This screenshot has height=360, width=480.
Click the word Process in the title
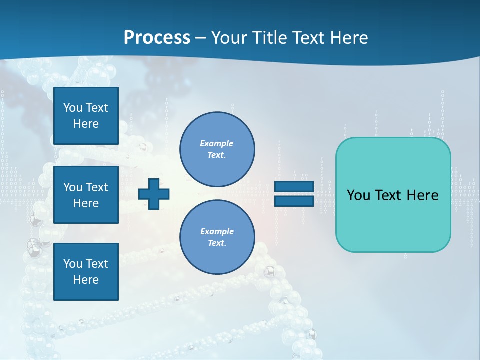click(x=157, y=38)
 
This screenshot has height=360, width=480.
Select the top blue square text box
click(x=86, y=116)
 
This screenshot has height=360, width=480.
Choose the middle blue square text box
click(x=86, y=195)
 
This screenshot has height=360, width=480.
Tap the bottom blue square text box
click(x=86, y=272)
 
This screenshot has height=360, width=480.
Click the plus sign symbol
click(x=154, y=193)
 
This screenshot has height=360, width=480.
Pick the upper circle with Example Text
click(x=217, y=149)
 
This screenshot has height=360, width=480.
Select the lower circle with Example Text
click(x=217, y=237)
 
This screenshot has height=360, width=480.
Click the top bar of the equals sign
click(x=294, y=186)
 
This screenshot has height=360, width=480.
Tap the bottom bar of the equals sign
click(x=294, y=201)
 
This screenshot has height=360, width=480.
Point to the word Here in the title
click(x=348, y=38)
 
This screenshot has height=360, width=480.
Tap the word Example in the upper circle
click(x=217, y=143)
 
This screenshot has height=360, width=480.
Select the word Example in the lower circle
click(x=217, y=231)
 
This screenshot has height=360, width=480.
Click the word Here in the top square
click(x=86, y=124)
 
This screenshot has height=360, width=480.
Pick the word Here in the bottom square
click(x=86, y=280)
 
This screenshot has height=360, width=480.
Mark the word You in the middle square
click(x=72, y=187)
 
